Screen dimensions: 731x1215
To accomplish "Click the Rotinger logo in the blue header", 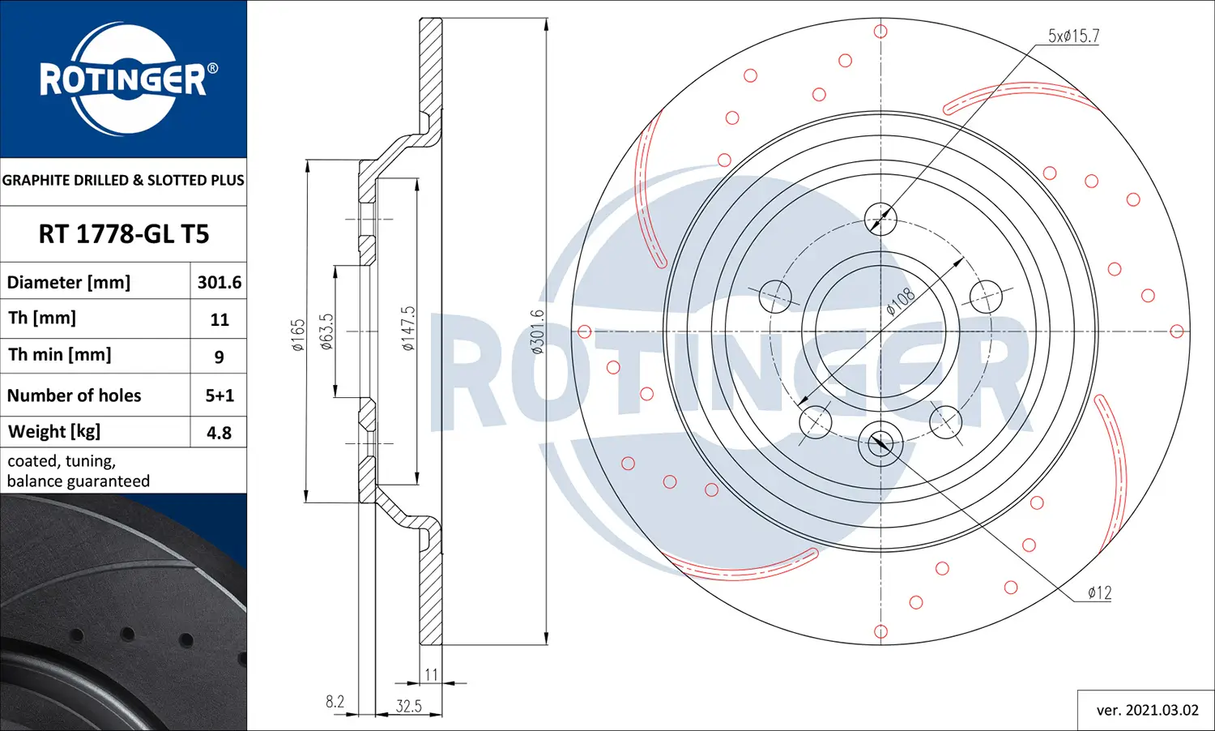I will coord(124,79).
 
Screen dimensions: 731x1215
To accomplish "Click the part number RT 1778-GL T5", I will coord(124,234).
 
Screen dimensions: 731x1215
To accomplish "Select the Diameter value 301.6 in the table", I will coord(219,282).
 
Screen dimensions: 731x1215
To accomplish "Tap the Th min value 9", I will coord(219,357).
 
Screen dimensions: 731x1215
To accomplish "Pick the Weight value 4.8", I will coord(219,433).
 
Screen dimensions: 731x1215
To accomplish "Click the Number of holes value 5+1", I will coord(219,395).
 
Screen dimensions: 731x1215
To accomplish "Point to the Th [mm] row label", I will coord(42,318).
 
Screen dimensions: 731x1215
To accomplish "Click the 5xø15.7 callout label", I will coord(1073,36).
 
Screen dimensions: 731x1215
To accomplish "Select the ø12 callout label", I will coord(1099,593).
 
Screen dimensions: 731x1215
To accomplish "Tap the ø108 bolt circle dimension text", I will coord(900,301).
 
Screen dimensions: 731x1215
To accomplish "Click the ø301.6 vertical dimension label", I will coord(537,331).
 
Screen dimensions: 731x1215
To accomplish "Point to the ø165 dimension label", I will coord(298,335).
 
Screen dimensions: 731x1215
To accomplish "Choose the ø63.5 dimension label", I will coord(326,331).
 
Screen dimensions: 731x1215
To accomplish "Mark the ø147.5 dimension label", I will coord(408,328).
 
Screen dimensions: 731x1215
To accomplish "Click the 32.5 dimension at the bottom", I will coord(408,706).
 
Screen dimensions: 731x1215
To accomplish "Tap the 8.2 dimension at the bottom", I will coord(335,702).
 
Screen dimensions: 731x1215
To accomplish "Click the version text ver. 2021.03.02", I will coord(1147,710).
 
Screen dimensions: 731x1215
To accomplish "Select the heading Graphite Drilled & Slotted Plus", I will coord(123,180).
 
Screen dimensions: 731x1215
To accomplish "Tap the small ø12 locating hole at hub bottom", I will coord(880,443).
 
